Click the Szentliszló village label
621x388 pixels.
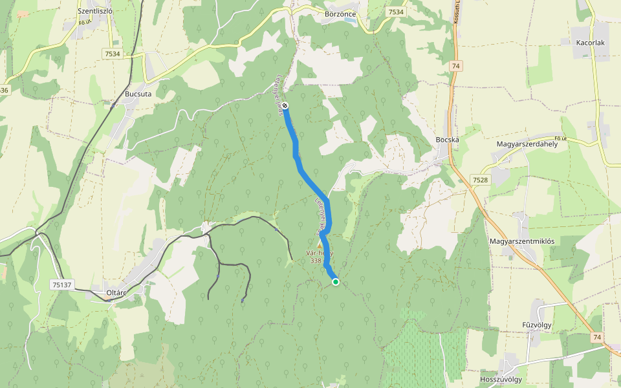(x=95, y=11)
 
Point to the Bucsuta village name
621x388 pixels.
(x=138, y=94)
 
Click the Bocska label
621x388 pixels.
(x=447, y=140)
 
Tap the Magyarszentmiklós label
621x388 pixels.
(x=522, y=241)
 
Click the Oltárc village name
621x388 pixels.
(x=115, y=293)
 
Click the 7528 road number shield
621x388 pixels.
(x=480, y=179)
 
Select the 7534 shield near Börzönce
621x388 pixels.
(x=396, y=12)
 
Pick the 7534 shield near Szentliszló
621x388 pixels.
(x=111, y=54)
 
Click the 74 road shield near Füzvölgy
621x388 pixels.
(x=596, y=337)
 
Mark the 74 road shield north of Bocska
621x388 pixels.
(x=456, y=66)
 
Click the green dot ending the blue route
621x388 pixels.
(x=336, y=281)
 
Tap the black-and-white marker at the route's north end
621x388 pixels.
(x=285, y=105)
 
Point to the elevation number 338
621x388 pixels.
(x=316, y=261)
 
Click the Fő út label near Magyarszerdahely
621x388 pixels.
(x=560, y=138)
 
